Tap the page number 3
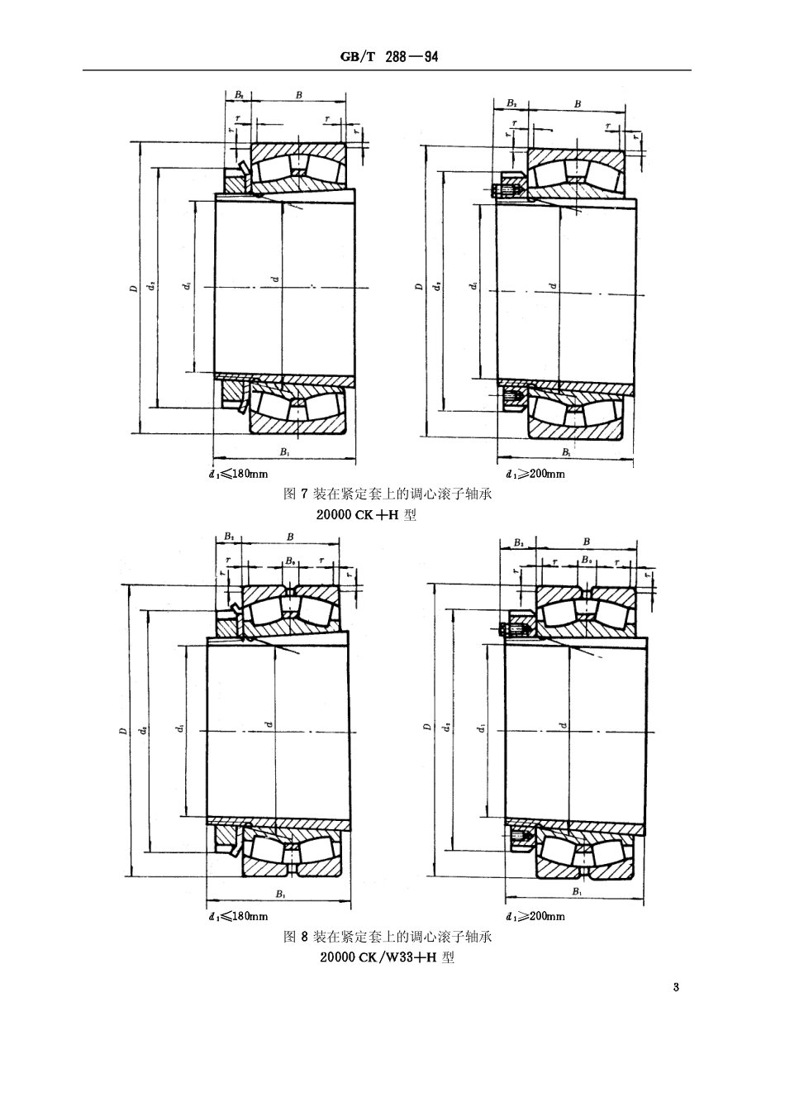676,987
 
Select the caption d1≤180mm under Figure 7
239,474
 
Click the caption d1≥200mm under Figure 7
535,474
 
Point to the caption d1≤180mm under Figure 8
238,916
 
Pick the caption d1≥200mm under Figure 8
535,916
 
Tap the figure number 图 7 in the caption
295,494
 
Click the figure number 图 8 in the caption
295,938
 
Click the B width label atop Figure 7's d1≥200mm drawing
578,104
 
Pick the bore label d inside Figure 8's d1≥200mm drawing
562,726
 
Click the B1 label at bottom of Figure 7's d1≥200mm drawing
566,452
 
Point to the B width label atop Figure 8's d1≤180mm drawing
290,537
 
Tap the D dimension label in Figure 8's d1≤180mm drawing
122,730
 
